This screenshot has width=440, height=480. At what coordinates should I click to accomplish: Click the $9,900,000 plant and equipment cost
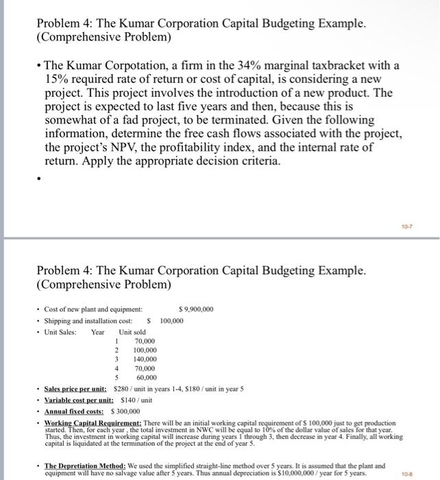click(195, 309)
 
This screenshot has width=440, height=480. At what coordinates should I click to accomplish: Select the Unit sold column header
click(132, 332)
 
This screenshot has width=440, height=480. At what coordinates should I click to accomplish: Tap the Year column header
click(99, 332)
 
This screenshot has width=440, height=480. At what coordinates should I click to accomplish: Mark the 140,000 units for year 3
click(145, 359)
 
